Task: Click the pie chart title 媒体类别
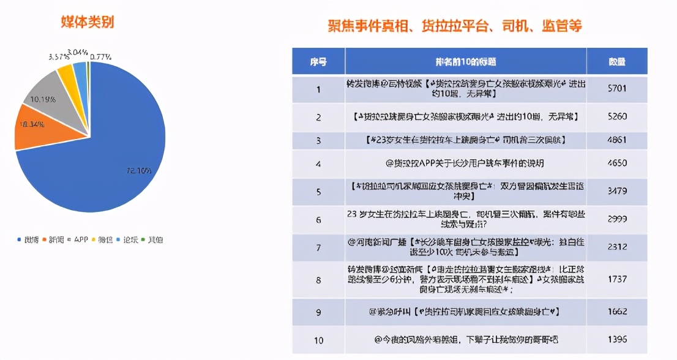[88, 22]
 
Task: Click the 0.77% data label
[100, 57]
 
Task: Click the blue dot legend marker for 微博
[19, 240]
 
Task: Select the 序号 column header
[318, 62]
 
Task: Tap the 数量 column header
[616, 62]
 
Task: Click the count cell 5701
[616, 89]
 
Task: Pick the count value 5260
[616, 116]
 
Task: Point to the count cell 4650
[616, 163]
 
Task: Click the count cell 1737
[616, 279]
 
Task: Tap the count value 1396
[616, 339]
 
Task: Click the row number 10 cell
[318, 339]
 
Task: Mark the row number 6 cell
[318, 220]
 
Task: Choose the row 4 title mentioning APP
[465, 163]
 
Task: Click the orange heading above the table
[454, 26]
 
